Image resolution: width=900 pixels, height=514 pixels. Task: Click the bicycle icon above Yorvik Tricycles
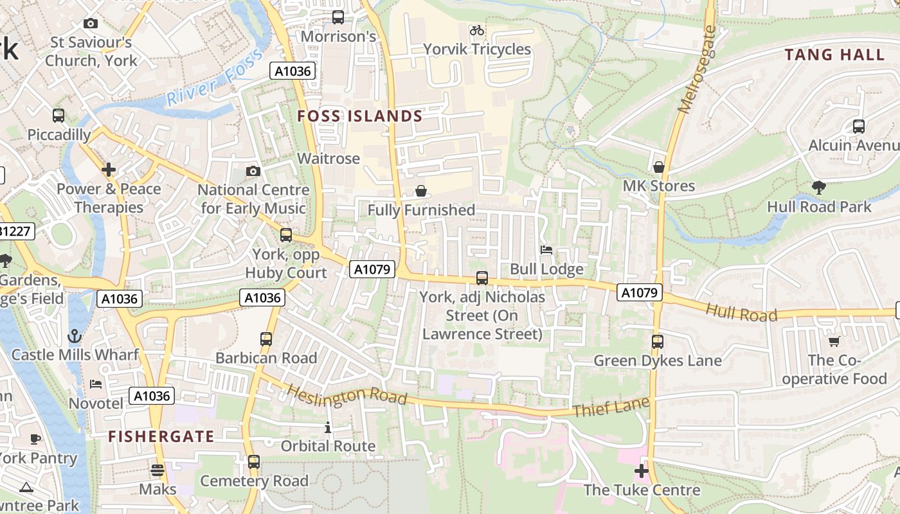476,30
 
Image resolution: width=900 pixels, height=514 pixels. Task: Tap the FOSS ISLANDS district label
360,116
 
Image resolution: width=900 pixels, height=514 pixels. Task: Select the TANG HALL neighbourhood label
834,55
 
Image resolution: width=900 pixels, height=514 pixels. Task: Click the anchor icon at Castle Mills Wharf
75,336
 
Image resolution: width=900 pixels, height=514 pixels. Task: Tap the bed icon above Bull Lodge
546,250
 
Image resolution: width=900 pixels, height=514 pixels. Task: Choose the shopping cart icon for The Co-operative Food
834,341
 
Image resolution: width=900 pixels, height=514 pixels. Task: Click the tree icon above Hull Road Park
819,188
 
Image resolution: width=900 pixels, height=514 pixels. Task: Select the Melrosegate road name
697,71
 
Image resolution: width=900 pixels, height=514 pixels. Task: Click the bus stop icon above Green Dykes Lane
657,342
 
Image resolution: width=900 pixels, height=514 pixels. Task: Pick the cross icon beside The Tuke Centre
641,472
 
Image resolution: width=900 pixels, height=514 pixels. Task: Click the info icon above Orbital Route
328,427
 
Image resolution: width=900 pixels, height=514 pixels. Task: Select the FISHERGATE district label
161,437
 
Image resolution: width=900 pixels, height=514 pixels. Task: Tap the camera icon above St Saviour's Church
91,24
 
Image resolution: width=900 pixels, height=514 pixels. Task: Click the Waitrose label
328,159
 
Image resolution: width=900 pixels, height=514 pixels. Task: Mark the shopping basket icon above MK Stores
658,168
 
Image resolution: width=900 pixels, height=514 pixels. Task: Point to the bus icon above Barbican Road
266,339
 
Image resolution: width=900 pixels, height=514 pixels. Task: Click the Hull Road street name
741,313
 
